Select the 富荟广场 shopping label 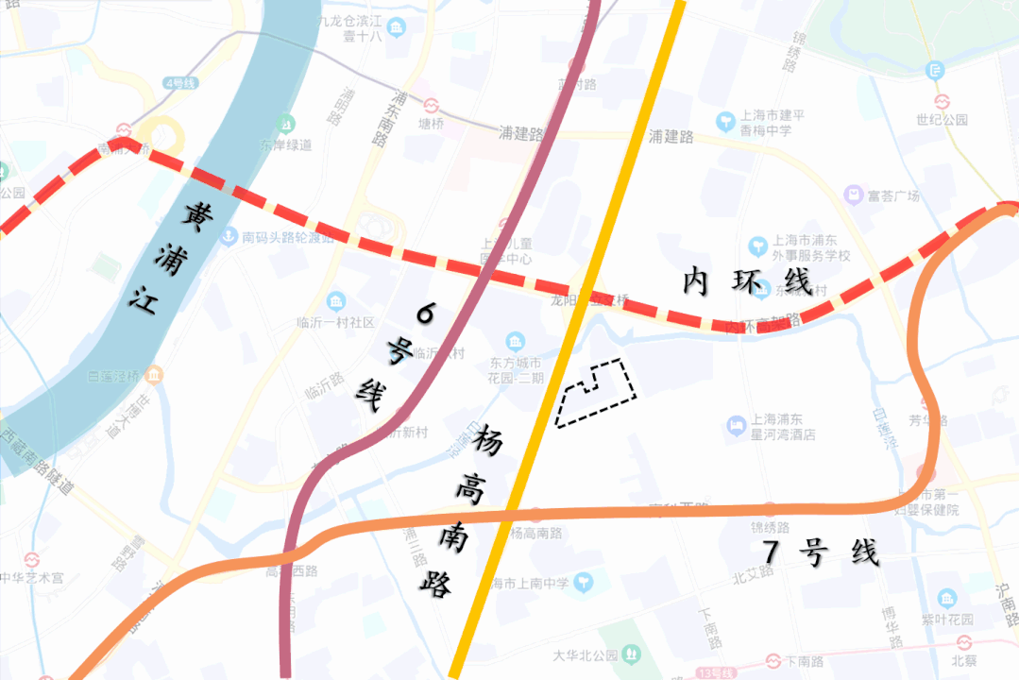click(x=892, y=195)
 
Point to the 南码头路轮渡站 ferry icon click(x=228, y=238)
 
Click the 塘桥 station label click(x=431, y=123)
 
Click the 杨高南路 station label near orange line click(x=535, y=533)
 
